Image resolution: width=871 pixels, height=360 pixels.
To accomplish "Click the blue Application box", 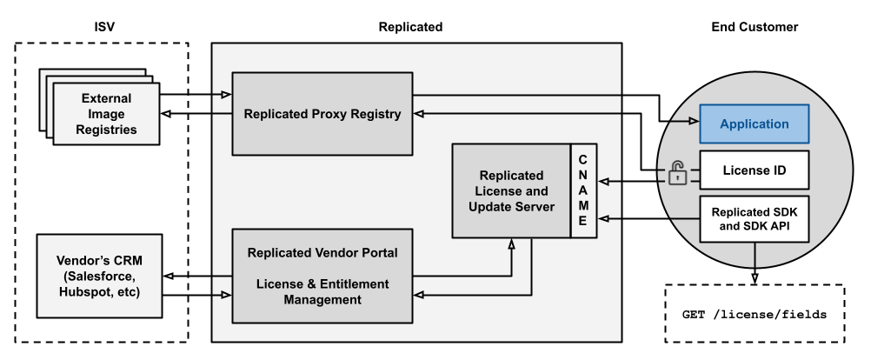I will tap(755, 123).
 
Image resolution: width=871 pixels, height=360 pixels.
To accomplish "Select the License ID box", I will tap(755, 170).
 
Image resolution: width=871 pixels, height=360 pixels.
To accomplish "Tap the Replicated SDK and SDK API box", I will tap(755, 218).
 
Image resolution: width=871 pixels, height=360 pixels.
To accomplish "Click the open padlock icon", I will tap(677, 173).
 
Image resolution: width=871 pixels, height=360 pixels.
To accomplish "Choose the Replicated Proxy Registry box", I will tap(322, 114).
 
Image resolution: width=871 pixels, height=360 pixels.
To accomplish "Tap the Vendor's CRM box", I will tap(99, 276).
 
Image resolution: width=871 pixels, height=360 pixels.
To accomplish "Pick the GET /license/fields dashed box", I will tap(755, 313).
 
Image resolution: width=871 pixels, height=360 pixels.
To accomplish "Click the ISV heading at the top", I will tap(103, 27).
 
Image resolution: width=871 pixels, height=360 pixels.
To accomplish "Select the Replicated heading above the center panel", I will tap(410, 27).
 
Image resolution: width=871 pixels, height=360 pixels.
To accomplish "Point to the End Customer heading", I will tap(754, 27).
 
